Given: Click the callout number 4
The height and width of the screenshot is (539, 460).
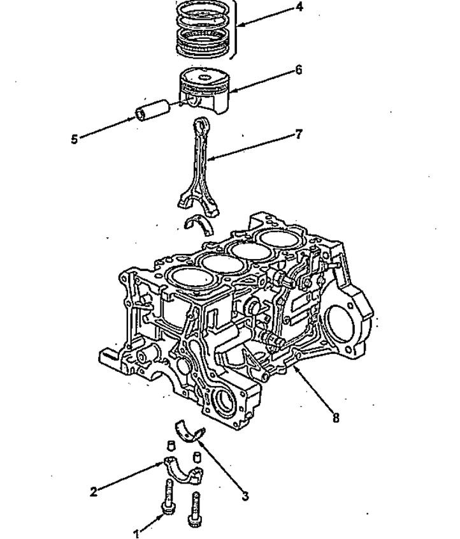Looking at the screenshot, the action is point(299,7).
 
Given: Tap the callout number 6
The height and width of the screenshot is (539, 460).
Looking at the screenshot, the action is point(299,70).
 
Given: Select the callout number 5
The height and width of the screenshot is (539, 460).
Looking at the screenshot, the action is point(75,139).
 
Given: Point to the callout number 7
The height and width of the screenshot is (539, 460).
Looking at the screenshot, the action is point(299,134).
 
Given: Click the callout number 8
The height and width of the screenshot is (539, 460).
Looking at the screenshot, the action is point(336,418).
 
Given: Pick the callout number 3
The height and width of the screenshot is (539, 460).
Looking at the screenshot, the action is point(245,496).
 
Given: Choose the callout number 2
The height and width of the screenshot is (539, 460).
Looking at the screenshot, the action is point(94,492).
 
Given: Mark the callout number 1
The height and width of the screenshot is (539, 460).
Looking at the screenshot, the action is point(136,533).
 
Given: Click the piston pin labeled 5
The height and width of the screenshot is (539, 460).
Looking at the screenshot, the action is point(152,110).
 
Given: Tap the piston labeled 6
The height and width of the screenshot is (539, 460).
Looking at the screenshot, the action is point(204,90).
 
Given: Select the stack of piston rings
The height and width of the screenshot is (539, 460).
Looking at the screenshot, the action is point(203,30).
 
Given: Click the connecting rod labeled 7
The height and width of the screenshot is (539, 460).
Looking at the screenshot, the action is point(198,165).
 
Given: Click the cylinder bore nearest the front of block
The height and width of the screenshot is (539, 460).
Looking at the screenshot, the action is point(192,279).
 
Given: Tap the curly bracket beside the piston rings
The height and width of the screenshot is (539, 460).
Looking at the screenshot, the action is point(235,29).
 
